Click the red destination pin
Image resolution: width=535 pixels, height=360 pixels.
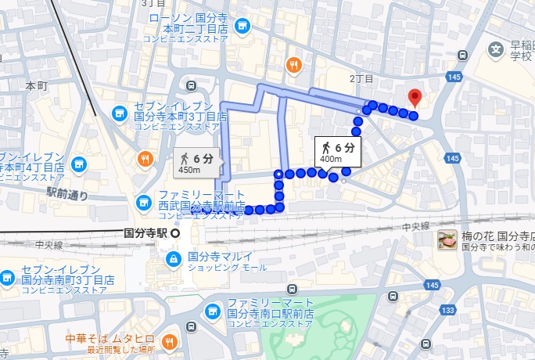pos(415,99)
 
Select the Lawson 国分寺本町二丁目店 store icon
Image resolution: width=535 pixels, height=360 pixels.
pos(242,26)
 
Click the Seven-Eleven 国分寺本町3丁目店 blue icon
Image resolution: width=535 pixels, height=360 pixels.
pos(120,113)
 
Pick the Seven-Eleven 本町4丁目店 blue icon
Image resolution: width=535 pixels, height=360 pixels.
pos(78,164)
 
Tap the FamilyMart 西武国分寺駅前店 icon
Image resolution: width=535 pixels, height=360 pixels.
pos(143,203)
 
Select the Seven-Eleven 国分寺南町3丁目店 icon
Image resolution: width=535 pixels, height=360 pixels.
pos(6,277)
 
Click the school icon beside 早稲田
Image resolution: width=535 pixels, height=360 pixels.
pos(496,50)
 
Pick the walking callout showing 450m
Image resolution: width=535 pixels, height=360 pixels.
pos(199,163)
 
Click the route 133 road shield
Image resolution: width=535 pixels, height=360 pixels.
pos(448,311)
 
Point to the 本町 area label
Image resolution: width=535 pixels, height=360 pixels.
pos(37,85)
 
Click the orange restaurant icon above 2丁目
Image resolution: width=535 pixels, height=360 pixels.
pos(294,65)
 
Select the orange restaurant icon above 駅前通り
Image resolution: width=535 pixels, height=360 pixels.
pos(145,160)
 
